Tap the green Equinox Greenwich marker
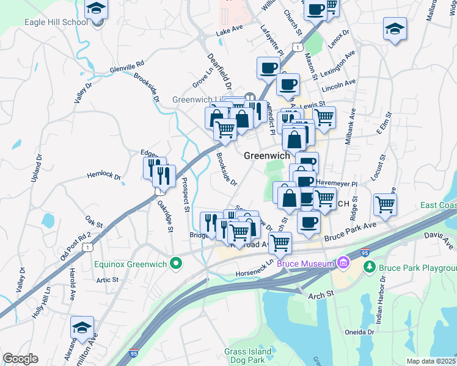tap(176, 264)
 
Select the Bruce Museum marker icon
tap(343, 264)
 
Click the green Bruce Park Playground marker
tap(370, 267)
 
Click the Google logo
tap(20, 358)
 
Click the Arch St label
tap(321, 294)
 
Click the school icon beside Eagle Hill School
tap(96, 9)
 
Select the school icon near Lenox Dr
tap(395, 28)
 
